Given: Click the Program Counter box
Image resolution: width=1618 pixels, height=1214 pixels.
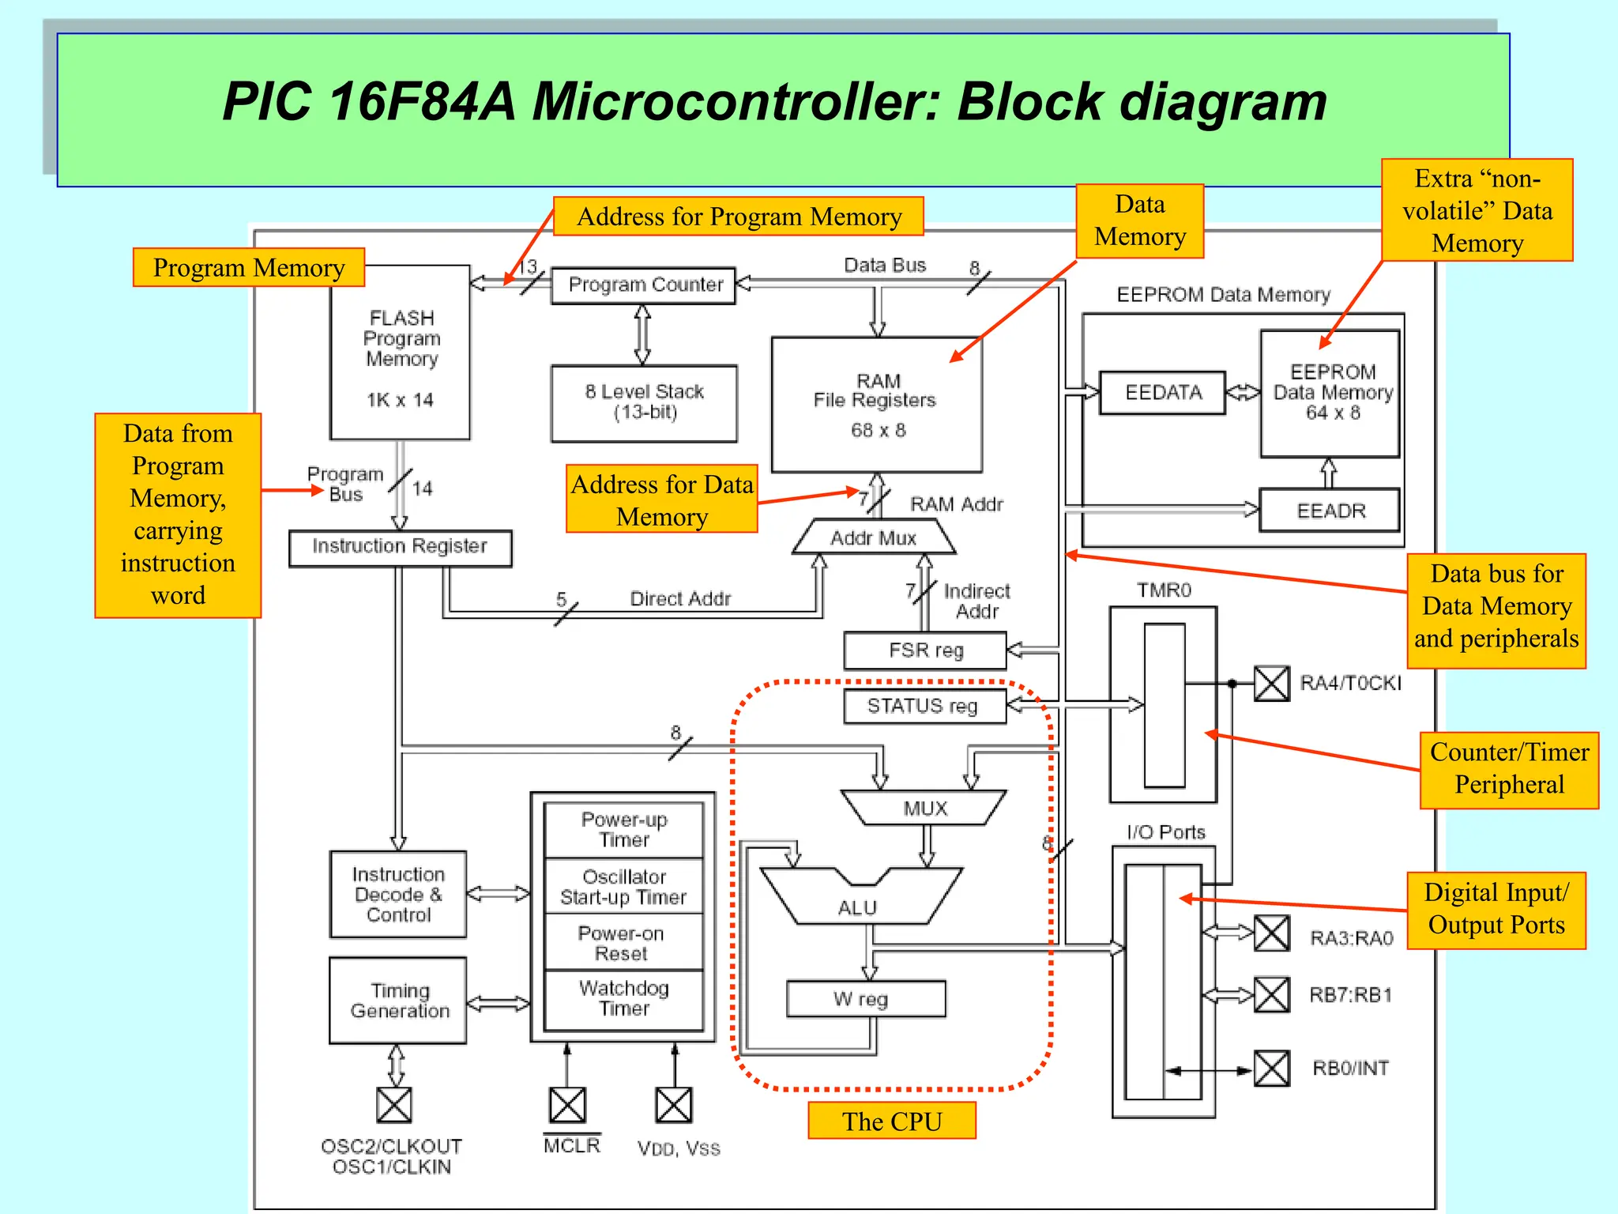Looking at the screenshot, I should [643, 285].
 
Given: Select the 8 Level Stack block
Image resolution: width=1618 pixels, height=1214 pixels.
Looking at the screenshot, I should [644, 403].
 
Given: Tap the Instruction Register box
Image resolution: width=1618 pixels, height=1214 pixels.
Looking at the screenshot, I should [400, 548].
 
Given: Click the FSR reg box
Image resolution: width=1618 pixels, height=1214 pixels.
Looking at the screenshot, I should [925, 650].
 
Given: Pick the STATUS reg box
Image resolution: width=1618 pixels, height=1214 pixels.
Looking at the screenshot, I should [925, 706].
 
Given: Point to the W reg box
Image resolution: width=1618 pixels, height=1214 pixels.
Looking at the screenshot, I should [866, 999].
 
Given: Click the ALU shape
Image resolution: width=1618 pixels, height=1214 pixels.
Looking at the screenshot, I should [860, 901].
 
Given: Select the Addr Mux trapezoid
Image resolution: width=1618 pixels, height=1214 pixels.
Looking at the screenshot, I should [873, 538].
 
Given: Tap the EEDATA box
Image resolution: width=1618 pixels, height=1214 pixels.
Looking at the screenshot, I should [1163, 393].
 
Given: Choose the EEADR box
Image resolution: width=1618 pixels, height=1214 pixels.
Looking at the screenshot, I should [1330, 511].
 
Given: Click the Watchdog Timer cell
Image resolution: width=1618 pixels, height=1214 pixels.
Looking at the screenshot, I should [623, 999].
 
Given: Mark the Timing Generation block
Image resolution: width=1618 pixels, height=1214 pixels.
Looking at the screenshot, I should [398, 1001].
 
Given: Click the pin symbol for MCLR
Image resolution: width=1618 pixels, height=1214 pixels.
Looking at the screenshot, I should [567, 1105].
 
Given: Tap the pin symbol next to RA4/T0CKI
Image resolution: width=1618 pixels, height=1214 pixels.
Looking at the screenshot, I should [1272, 684].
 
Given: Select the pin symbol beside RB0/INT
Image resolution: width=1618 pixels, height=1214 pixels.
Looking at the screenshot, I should [1272, 1069].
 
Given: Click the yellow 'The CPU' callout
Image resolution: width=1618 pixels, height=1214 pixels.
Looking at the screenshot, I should [892, 1121].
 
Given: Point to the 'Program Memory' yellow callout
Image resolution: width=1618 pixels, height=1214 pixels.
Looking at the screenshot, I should [249, 268].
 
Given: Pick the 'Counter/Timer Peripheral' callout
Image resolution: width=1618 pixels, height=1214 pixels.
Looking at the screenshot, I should [1509, 769].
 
